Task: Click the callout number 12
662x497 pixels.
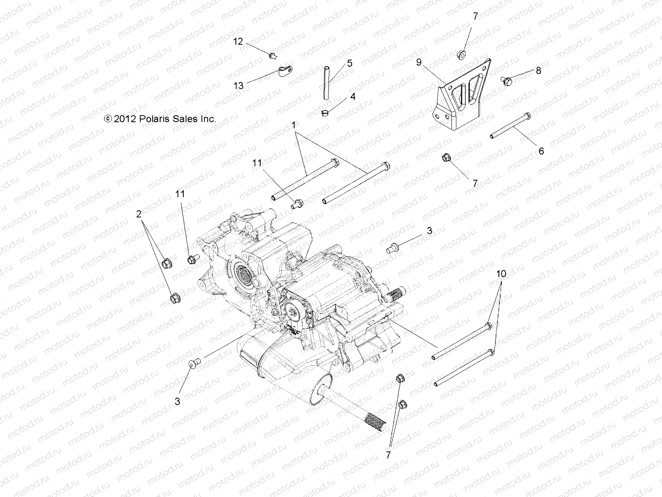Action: [x=238, y=41]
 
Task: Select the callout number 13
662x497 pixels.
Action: [x=239, y=86]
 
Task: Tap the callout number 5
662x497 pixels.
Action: [x=350, y=63]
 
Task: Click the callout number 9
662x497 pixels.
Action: [x=419, y=62]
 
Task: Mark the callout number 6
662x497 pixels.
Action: [x=541, y=151]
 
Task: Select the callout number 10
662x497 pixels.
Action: [x=501, y=274]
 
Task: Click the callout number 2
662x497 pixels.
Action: [x=139, y=214]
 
